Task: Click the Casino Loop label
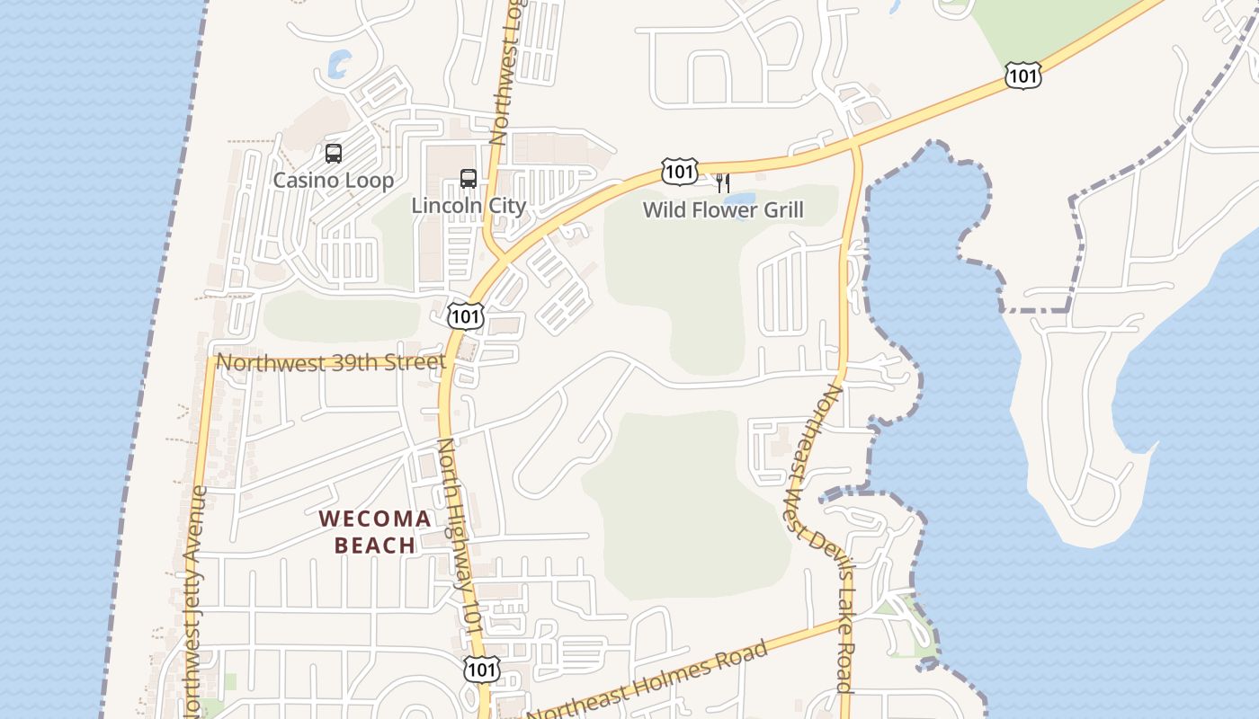pyautogui.click(x=333, y=181)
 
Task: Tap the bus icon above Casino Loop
pyautogui.click(x=334, y=154)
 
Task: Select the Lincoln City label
pyautogui.click(x=468, y=206)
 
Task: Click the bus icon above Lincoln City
pyautogui.click(x=469, y=179)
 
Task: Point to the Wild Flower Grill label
pyautogui.click(x=723, y=211)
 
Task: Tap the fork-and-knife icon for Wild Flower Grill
pyautogui.click(x=723, y=184)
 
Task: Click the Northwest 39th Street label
pyautogui.click(x=331, y=362)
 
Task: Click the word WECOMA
pyautogui.click(x=375, y=519)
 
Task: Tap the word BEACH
pyautogui.click(x=375, y=546)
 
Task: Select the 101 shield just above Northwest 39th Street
pyautogui.click(x=466, y=315)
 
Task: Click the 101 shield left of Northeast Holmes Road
pyautogui.click(x=480, y=669)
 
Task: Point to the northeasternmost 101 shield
pyautogui.click(x=1023, y=75)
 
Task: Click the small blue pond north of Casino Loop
pyautogui.click(x=339, y=64)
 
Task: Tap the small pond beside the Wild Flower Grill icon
pyautogui.click(x=740, y=199)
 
